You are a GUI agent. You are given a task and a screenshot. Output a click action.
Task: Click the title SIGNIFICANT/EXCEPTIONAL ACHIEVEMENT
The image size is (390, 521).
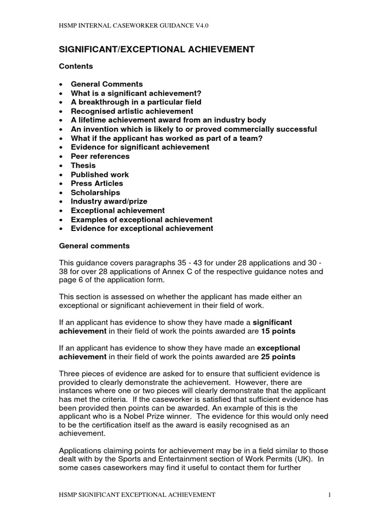[157, 49]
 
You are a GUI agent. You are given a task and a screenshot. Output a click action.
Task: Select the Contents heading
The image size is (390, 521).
[76, 66]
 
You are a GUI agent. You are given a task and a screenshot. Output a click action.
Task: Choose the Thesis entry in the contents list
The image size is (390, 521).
[83, 165]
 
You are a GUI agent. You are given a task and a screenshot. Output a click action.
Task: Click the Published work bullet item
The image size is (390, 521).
[100, 175]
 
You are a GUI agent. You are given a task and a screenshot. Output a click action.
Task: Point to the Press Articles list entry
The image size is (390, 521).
[97, 183]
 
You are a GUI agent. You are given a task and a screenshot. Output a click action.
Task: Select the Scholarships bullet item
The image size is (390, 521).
[95, 192]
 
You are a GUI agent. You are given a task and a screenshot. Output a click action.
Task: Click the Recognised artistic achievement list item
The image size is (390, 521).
[132, 111]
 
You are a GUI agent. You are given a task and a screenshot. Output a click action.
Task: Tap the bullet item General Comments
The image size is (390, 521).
[107, 84]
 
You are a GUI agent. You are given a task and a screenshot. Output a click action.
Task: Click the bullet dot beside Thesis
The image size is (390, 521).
[61, 165]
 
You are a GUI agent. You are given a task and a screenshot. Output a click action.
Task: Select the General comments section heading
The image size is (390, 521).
[94, 246]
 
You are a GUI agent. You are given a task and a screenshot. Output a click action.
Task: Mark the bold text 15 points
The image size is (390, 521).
[278, 331]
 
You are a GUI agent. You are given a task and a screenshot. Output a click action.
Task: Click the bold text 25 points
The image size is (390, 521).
[278, 357]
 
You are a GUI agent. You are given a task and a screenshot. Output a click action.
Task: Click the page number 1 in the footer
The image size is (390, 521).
[330, 494]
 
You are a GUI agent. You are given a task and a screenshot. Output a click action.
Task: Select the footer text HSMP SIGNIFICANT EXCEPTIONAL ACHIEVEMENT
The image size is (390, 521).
[137, 494]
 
